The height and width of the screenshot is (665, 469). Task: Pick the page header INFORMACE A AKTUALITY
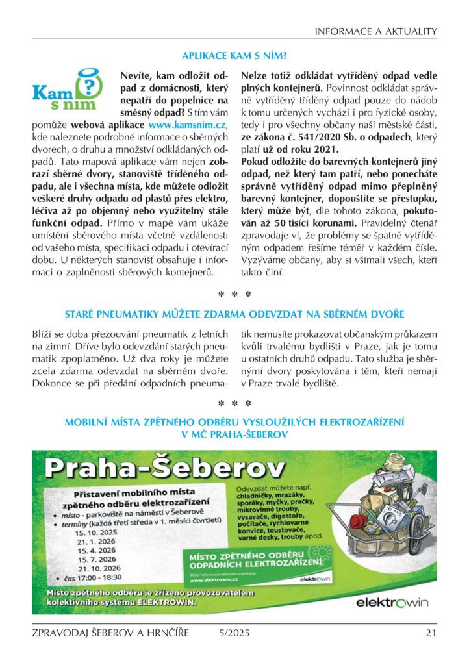(x=375, y=31)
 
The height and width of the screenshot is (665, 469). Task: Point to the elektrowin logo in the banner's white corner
(x=392, y=603)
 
